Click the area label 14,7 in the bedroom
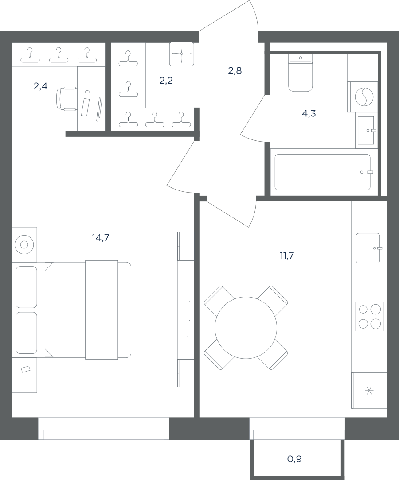[101, 237]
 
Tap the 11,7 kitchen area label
[287, 255]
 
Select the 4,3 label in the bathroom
[309, 113]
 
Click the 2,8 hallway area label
[235, 71]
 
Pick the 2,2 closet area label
[166, 81]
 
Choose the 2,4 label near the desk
[40, 86]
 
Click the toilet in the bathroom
[300, 73]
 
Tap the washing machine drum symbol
[364, 97]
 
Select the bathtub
[322, 172]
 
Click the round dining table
[246, 328]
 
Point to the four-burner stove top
[370, 317]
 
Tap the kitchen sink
[368, 248]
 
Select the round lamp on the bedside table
[24, 244]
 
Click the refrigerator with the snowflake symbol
[369, 390]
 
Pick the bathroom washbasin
[366, 131]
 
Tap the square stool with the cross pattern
[182, 54]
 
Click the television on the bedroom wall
[188, 311]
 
